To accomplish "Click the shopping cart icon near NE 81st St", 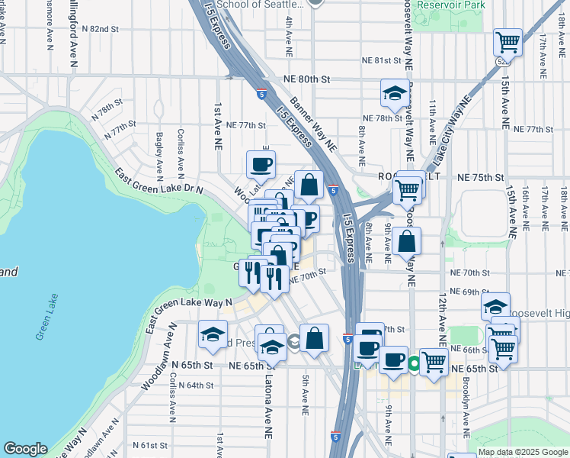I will [x=507, y=42].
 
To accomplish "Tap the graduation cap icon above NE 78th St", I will [x=394, y=93].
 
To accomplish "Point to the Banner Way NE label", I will [x=313, y=127].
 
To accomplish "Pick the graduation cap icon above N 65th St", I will [x=213, y=334].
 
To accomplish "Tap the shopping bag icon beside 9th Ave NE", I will [x=408, y=240].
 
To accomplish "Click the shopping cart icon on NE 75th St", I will [x=408, y=189].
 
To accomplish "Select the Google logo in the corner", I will [x=25, y=449].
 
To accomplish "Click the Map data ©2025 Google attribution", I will [x=524, y=452].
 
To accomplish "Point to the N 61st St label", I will [x=149, y=445].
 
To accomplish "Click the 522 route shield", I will [x=501, y=60].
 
